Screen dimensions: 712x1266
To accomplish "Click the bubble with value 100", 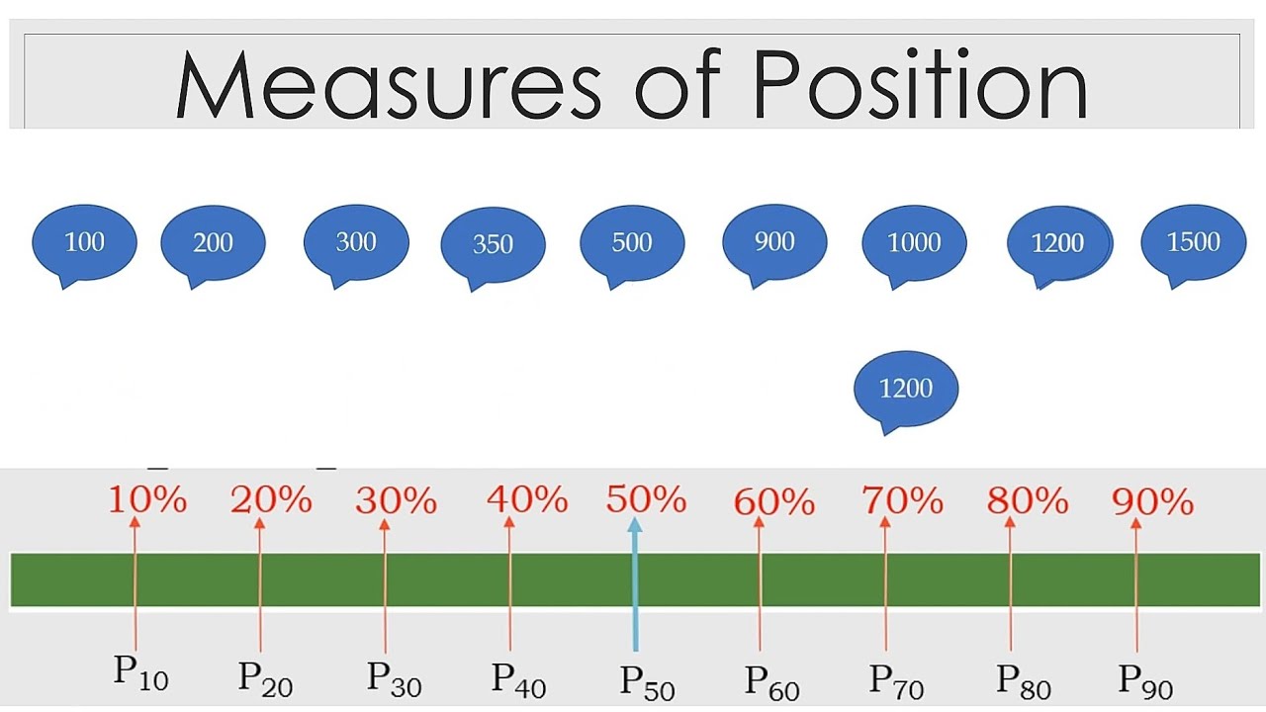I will tap(84, 242).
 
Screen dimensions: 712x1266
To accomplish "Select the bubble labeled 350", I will tap(493, 244).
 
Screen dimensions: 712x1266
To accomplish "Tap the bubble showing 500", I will tap(632, 242).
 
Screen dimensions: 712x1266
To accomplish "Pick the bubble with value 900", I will tap(774, 241).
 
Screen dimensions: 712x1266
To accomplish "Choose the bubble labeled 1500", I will tap(1194, 242).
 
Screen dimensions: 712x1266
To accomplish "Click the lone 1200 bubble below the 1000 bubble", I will tap(906, 388).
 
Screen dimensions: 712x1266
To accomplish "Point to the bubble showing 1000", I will tap(914, 242).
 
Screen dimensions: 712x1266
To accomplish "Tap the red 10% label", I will tap(146, 500).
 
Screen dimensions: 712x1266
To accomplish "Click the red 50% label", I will tap(646, 500).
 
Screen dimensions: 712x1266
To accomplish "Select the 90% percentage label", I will tap(1152, 502).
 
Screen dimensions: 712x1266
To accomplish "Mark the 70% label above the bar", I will tap(902, 500).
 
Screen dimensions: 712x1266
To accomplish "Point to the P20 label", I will tap(265, 678).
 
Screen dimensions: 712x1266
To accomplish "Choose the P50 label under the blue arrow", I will tap(647, 681).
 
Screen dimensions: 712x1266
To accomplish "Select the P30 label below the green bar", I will tap(394, 678).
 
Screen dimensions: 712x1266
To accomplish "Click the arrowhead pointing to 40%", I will tap(509, 524).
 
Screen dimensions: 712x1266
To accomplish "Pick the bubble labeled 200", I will tap(213, 242).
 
